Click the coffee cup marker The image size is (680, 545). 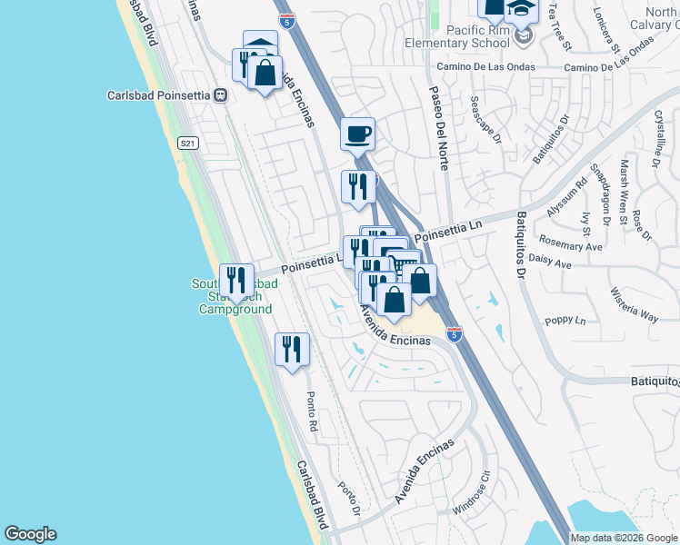[x=357, y=134]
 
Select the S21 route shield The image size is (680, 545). [x=188, y=143]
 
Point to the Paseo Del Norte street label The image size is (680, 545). [x=437, y=127]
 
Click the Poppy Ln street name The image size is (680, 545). [x=565, y=321]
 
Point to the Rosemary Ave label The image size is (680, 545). [x=570, y=246]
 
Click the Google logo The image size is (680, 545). [x=30, y=534]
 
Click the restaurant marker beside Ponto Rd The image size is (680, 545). [x=292, y=351]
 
